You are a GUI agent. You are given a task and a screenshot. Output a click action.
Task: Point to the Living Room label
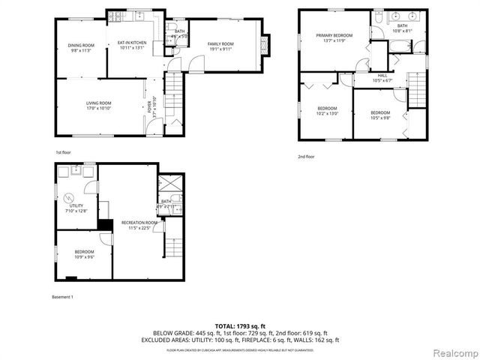(97, 103)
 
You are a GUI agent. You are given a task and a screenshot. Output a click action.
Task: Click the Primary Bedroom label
(334, 35)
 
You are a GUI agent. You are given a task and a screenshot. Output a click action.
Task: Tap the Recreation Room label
(139, 223)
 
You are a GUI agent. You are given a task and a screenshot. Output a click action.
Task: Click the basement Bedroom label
(84, 251)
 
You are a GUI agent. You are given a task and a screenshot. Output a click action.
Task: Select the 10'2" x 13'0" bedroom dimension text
(326, 113)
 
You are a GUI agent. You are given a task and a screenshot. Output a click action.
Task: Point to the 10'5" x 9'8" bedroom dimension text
(380, 118)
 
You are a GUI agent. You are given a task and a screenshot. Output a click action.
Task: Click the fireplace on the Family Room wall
(263, 44)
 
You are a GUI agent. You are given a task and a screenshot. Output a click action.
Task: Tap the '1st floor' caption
(63, 152)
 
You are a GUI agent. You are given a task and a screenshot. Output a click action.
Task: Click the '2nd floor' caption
(306, 156)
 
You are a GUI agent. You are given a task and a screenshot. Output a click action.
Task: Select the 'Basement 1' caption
(61, 298)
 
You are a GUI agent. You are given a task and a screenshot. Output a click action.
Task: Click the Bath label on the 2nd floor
(402, 26)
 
